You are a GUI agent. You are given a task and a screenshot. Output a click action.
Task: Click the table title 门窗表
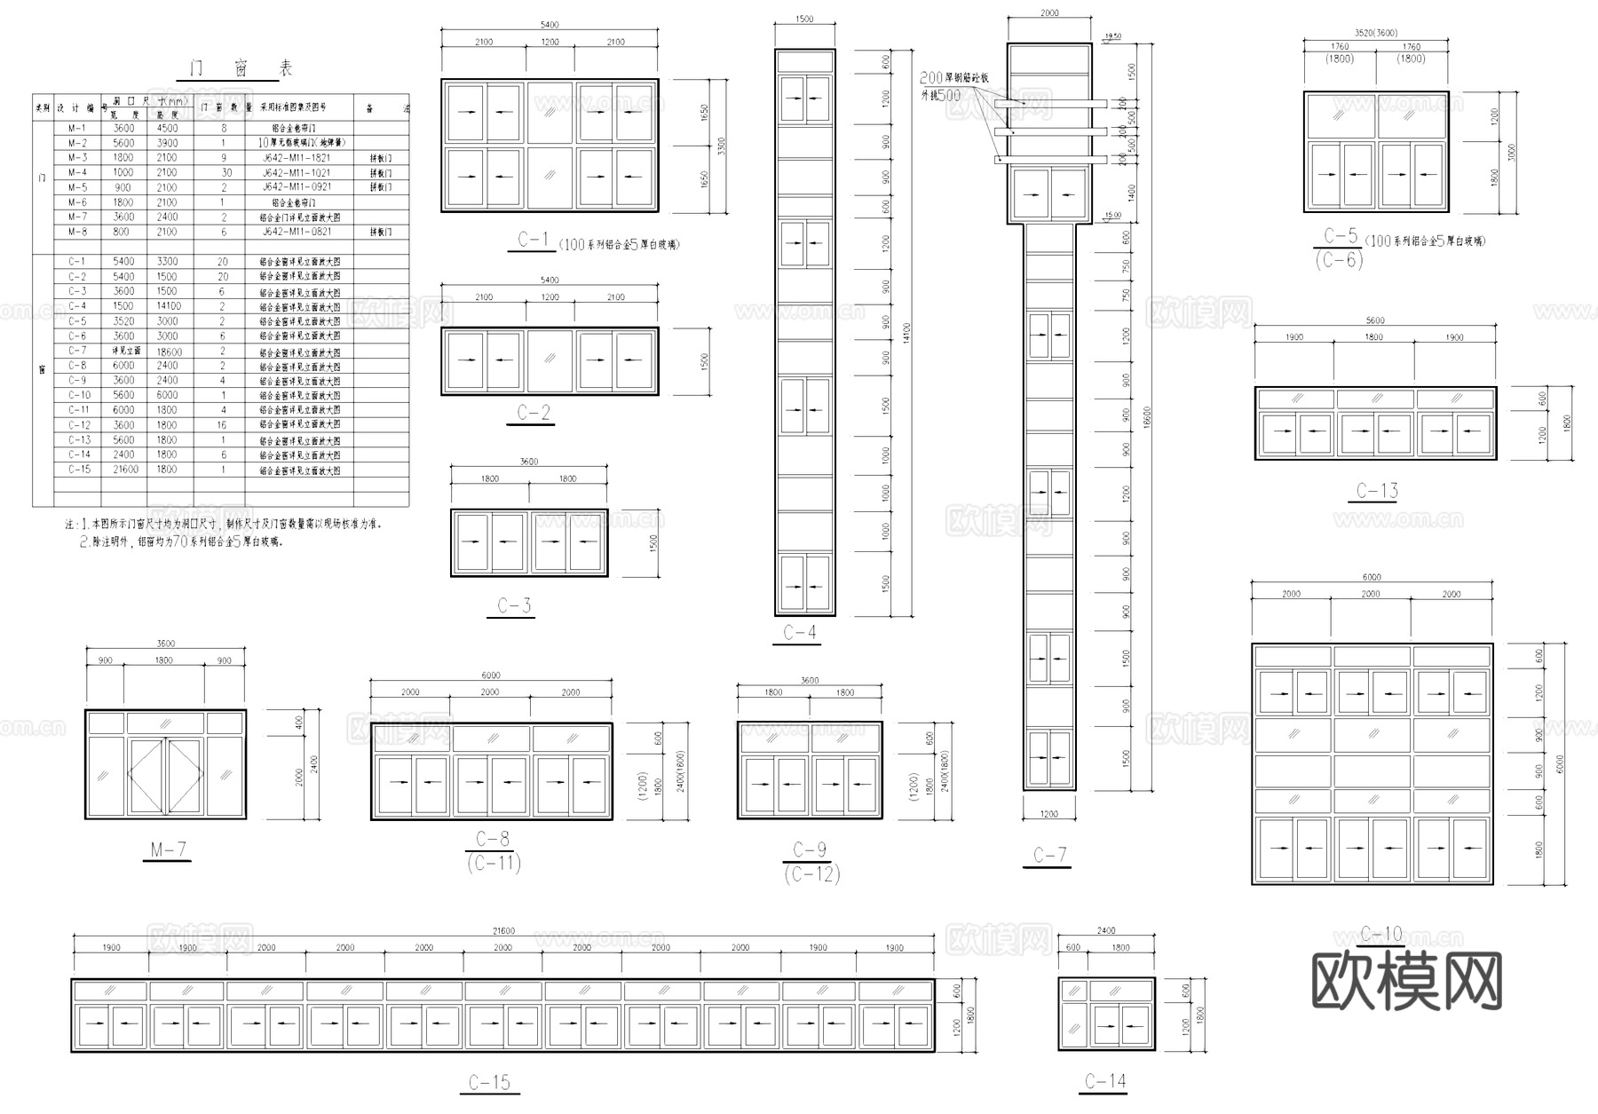(x=241, y=69)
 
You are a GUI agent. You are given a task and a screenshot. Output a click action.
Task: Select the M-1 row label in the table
(x=77, y=128)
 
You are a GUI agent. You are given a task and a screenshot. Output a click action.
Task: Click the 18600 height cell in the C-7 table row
(x=170, y=351)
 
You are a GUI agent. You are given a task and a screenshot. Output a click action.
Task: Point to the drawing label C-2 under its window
(x=533, y=413)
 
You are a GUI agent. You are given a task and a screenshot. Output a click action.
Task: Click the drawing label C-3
(x=514, y=605)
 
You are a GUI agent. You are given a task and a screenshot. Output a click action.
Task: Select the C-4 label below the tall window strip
(x=799, y=632)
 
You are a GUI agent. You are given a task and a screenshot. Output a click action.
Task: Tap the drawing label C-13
(x=1377, y=491)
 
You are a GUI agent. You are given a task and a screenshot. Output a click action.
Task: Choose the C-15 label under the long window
(x=489, y=1082)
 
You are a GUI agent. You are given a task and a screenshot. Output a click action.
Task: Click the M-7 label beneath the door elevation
(x=168, y=849)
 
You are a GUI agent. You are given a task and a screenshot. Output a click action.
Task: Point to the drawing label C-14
(x=1105, y=1081)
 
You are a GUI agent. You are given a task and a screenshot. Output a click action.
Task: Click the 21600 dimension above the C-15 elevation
(x=503, y=931)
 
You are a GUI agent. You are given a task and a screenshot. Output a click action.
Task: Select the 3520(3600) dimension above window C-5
(x=1375, y=33)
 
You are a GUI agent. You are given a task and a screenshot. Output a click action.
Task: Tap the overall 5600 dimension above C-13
(x=1374, y=320)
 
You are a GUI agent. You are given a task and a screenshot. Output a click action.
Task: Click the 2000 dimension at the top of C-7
(x=1048, y=13)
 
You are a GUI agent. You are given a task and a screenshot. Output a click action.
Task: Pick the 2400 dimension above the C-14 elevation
(x=1106, y=930)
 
